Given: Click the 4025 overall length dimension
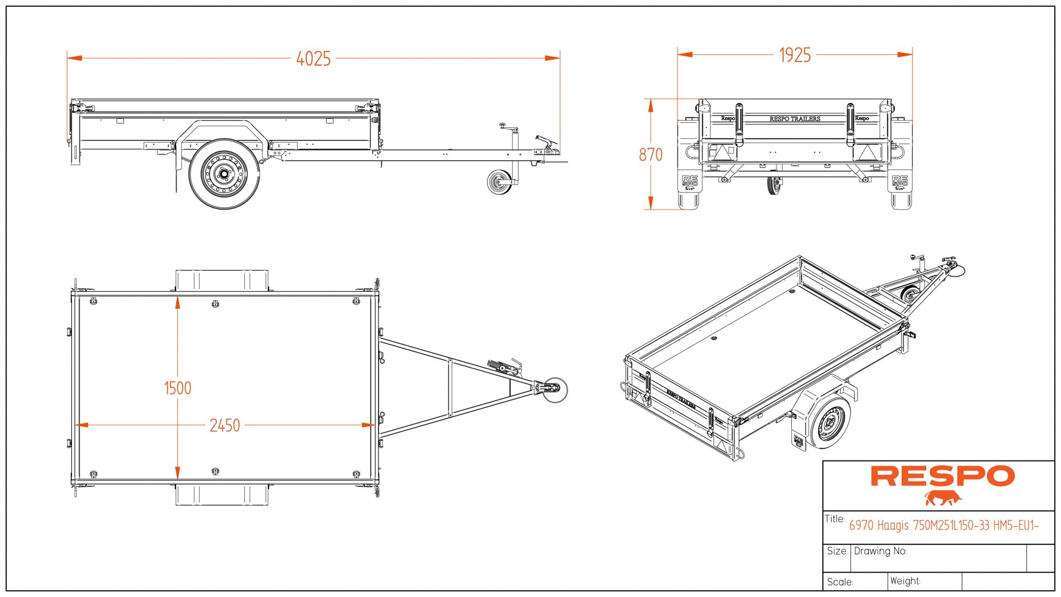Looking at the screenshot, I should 313,59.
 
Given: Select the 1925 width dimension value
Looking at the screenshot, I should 795,55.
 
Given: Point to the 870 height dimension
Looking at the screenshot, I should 650,155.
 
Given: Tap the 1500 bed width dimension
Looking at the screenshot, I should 177,388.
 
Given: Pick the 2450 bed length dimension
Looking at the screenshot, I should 224,426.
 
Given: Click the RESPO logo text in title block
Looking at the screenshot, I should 943,476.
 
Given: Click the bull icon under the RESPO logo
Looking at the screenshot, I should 943,498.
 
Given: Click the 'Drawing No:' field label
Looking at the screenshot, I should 880,551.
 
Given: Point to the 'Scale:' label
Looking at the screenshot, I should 840,582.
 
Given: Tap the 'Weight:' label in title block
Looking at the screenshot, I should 905,581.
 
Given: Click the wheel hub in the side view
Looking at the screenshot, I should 224,175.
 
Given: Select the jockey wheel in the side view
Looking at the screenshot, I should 500,182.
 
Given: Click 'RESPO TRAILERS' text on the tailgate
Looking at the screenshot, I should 795,119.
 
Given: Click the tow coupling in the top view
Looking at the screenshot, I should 553,388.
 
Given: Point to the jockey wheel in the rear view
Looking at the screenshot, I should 774,186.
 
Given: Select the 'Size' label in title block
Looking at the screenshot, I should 836,551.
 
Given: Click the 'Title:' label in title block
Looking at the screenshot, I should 834,519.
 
